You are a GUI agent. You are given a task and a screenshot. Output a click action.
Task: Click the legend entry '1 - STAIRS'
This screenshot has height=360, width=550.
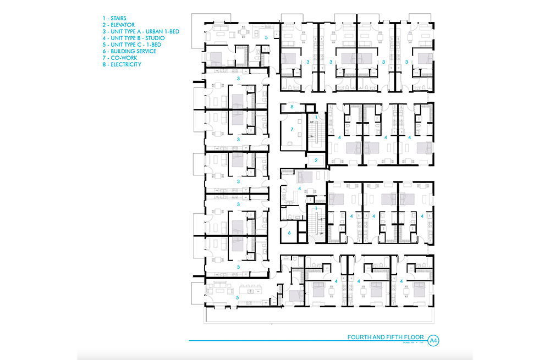click(111, 19)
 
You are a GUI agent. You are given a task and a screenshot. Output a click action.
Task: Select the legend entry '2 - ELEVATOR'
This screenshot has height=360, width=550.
click(114, 25)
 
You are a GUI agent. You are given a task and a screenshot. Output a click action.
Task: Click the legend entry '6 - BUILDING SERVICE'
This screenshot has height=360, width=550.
click(126, 52)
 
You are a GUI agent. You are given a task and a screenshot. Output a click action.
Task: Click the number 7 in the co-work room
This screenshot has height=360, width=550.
click(293, 129)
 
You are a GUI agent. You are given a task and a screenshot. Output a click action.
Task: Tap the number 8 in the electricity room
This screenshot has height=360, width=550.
click(292, 107)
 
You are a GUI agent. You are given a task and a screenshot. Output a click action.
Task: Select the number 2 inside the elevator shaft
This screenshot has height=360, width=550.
click(316, 160)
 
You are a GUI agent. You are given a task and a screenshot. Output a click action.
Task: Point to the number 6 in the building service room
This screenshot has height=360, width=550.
click(289, 233)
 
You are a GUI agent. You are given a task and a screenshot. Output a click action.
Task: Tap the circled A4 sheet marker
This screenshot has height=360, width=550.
click(433, 341)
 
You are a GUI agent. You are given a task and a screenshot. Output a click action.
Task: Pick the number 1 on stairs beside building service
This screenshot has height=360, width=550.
click(316, 208)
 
